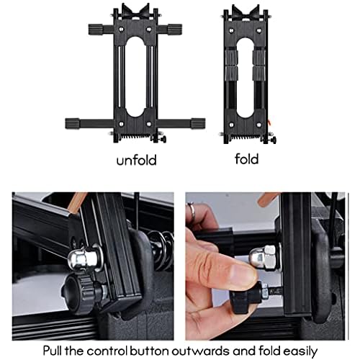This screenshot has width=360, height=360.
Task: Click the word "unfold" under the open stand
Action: click(x=136, y=160)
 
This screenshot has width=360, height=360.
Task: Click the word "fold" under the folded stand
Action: click(x=247, y=159)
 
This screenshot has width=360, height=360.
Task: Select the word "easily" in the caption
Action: click(x=300, y=351)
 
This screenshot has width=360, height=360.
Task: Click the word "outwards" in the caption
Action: click(x=200, y=351)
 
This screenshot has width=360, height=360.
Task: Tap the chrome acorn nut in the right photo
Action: click(x=265, y=258)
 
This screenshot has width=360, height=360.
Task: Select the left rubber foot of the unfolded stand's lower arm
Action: click(x=73, y=123)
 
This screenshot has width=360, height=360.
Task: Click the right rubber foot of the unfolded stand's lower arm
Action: click(x=198, y=123)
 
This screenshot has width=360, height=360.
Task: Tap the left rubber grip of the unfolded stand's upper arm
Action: click(x=96, y=30)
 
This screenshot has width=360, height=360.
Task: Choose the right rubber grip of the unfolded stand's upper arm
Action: click(x=175, y=30)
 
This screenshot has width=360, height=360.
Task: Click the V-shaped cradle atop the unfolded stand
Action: click(x=135, y=12)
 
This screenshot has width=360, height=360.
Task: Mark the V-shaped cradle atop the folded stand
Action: click(x=246, y=13)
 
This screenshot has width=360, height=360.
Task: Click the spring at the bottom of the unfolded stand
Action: click(x=135, y=137)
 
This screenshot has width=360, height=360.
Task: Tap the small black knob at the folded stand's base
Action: click(x=274, y=140)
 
